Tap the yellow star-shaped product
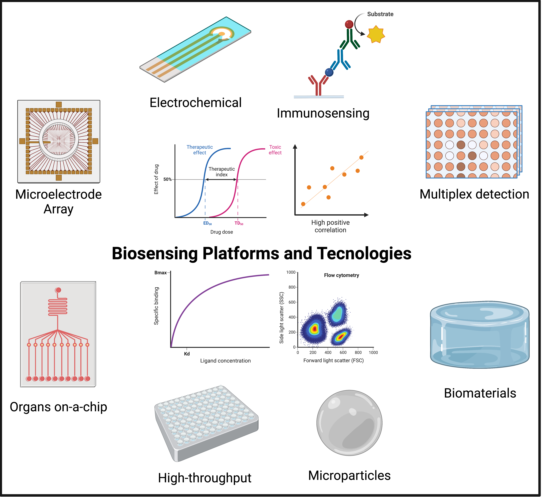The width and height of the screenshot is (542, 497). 376,34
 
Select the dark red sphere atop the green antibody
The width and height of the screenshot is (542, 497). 349,24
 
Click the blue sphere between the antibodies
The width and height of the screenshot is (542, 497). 329,72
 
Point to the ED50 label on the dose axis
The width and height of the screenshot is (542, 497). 207,223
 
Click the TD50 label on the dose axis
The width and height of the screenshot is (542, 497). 239,223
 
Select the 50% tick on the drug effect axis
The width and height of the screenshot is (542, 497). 167,179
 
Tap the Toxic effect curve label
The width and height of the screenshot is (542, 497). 275,150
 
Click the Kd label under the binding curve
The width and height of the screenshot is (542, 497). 187,354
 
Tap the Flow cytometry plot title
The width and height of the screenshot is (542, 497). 341,275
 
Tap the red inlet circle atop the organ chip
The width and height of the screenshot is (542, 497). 58,290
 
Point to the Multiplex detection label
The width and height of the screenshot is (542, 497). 474,194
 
